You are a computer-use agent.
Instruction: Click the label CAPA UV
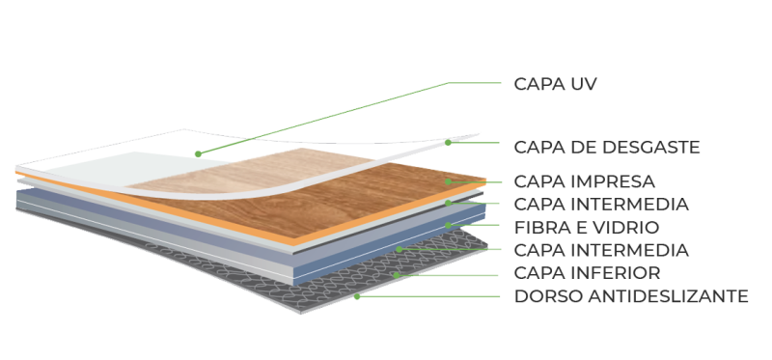pos(557,83)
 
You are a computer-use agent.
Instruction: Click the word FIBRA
pos(540,228)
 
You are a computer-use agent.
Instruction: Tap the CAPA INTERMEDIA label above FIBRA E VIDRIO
pos(600,205)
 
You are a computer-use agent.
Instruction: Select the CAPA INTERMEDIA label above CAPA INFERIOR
pos(600,251)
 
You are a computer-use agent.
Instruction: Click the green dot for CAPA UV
pos(197,152)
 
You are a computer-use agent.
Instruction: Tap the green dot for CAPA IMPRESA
pos(448,180)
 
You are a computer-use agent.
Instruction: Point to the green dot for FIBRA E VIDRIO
pos(448,225)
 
